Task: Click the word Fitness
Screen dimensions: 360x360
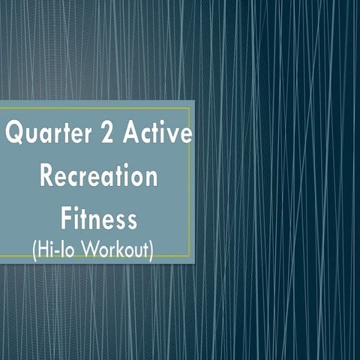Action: (x=98, y=218)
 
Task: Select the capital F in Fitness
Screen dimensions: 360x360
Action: (x=66, y=218)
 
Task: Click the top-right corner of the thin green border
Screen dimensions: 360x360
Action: (x=189, y=107)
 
